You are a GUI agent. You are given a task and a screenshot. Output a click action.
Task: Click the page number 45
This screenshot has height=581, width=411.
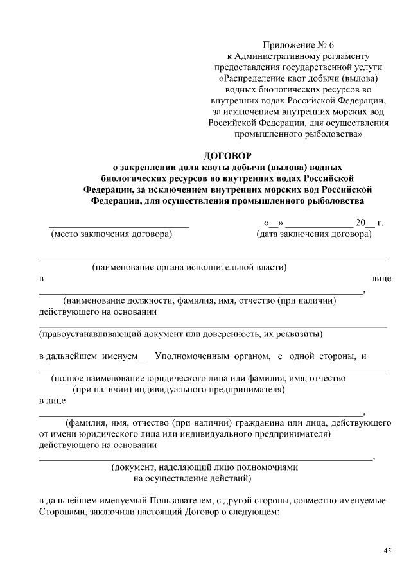[387, 551]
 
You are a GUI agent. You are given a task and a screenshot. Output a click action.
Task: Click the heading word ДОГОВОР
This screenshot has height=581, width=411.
[227, 155]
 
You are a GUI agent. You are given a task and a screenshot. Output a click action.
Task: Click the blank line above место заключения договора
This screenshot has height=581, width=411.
[119, 226]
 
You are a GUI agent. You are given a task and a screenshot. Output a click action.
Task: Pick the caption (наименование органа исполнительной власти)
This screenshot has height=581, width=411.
[189, 266]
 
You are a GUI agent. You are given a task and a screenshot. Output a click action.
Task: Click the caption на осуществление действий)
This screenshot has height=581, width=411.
[193, 478]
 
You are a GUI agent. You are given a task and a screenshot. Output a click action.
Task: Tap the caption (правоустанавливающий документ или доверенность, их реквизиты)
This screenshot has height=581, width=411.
[181, 334]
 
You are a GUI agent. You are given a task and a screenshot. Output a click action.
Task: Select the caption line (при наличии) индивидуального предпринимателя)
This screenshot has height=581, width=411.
[178, 390]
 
